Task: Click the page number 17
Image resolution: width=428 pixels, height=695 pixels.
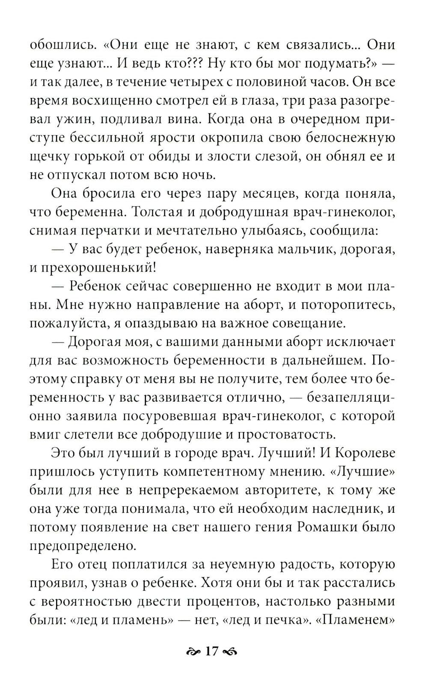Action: coord(212,651)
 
